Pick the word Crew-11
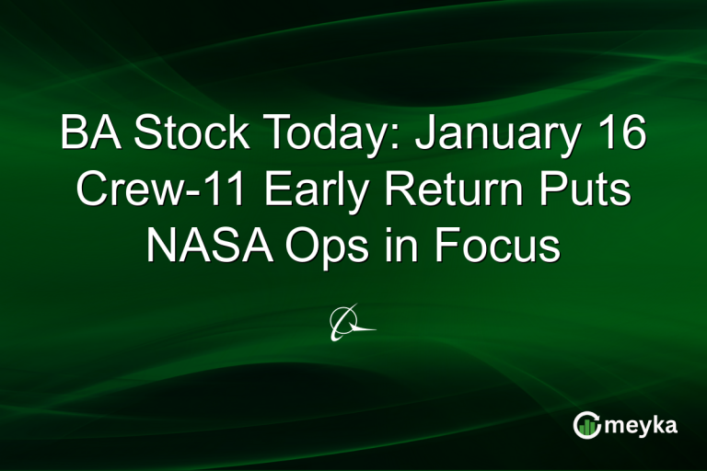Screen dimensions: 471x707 (x=143, y=191)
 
